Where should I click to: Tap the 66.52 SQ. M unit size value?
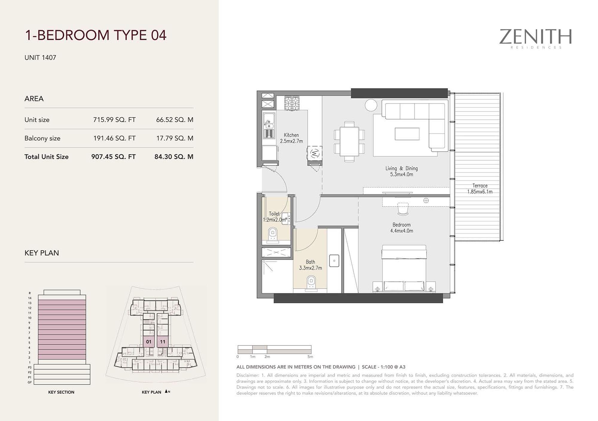coord(175,120)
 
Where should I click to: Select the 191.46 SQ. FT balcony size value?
coord(114,138)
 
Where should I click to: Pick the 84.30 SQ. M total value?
coord(174,157)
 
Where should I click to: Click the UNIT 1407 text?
coord(40,58)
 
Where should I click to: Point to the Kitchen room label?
coord(291,135)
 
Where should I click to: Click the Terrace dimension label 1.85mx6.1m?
coord(480,192)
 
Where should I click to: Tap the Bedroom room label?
coord(402,225)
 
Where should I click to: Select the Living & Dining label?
coord(402,169)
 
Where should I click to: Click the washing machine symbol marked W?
coord(315,154)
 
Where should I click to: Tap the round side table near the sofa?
coord(371,105)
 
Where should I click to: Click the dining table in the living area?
coord(349,141)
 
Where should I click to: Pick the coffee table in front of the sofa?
coord(407,134)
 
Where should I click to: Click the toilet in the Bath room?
coord(311,282)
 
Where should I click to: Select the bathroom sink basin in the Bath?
coord(334,261)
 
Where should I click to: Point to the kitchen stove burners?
coord(292,103)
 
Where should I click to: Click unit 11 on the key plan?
coord(162,342)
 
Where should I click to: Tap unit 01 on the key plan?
coord(149,342)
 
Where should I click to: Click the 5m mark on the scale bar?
coord(310,357)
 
